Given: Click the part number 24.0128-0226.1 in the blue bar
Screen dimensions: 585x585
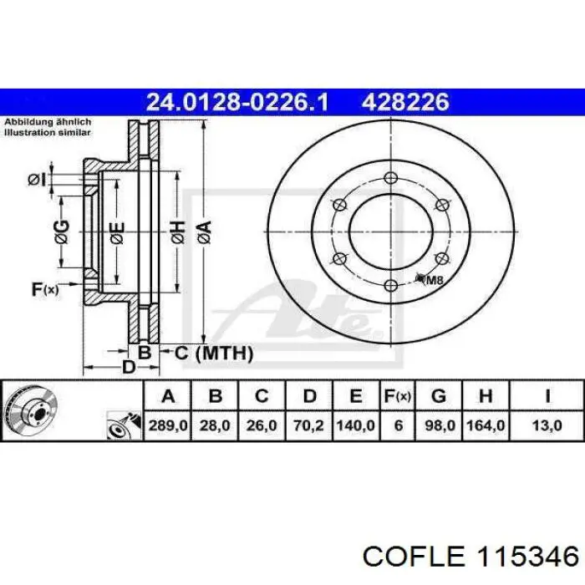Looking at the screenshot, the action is pyautogui.click(x=237, y=102).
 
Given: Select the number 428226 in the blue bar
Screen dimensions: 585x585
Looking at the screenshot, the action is pyautogui.click(x=405, y=102).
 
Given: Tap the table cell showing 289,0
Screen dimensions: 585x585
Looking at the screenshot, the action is pyautogui.click(x=168, y=425).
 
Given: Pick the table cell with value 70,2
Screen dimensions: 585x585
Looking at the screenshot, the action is pyautogui.click(x=308, y=425).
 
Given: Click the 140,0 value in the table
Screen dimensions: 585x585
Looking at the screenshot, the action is pyautogui.click(x=355, y=425).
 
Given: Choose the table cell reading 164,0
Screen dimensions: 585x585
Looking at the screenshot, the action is pyautogui.click(x=486, y=425).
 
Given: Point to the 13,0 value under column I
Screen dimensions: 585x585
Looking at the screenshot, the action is pyautogui.click(x=547, y=425).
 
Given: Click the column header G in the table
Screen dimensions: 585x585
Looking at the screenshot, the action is pyautogui.click(x=439, y=396).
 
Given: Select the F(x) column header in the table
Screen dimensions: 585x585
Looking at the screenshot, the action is pyautogui.click(x=398, y=396).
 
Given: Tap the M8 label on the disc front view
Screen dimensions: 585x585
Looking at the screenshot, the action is pyautogui.click(x=435, y=280).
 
